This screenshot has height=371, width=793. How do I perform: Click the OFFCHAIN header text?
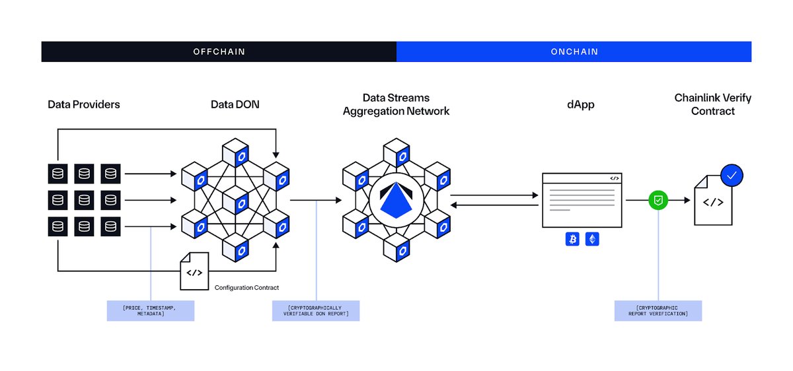219,51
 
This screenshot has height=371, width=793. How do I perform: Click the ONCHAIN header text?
574,51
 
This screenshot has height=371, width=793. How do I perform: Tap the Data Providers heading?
84,104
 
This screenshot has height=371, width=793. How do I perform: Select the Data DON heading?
235,104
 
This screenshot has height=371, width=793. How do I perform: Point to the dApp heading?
581,105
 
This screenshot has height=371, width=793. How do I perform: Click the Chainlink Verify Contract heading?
712,104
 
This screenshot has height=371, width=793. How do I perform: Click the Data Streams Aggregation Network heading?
396,104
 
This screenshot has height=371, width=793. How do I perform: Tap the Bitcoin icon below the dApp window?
572,239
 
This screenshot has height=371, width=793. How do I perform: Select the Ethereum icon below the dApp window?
592,239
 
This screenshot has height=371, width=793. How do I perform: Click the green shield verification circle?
658,200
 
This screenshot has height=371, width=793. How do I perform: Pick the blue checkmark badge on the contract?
732,176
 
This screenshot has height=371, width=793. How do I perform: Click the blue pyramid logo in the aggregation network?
396,200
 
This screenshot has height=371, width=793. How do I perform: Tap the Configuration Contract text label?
246,288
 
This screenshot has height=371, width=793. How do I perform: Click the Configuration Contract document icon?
194,271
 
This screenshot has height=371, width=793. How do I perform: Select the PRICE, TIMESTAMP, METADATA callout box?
151,311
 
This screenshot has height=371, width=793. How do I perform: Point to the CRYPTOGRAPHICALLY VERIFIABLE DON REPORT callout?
316,311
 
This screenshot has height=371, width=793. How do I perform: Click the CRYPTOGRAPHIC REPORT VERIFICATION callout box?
658,311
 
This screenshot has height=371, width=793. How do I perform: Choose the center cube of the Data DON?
236,200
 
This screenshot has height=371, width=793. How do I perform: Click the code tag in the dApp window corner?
615,178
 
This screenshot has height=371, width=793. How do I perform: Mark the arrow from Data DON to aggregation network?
316,200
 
